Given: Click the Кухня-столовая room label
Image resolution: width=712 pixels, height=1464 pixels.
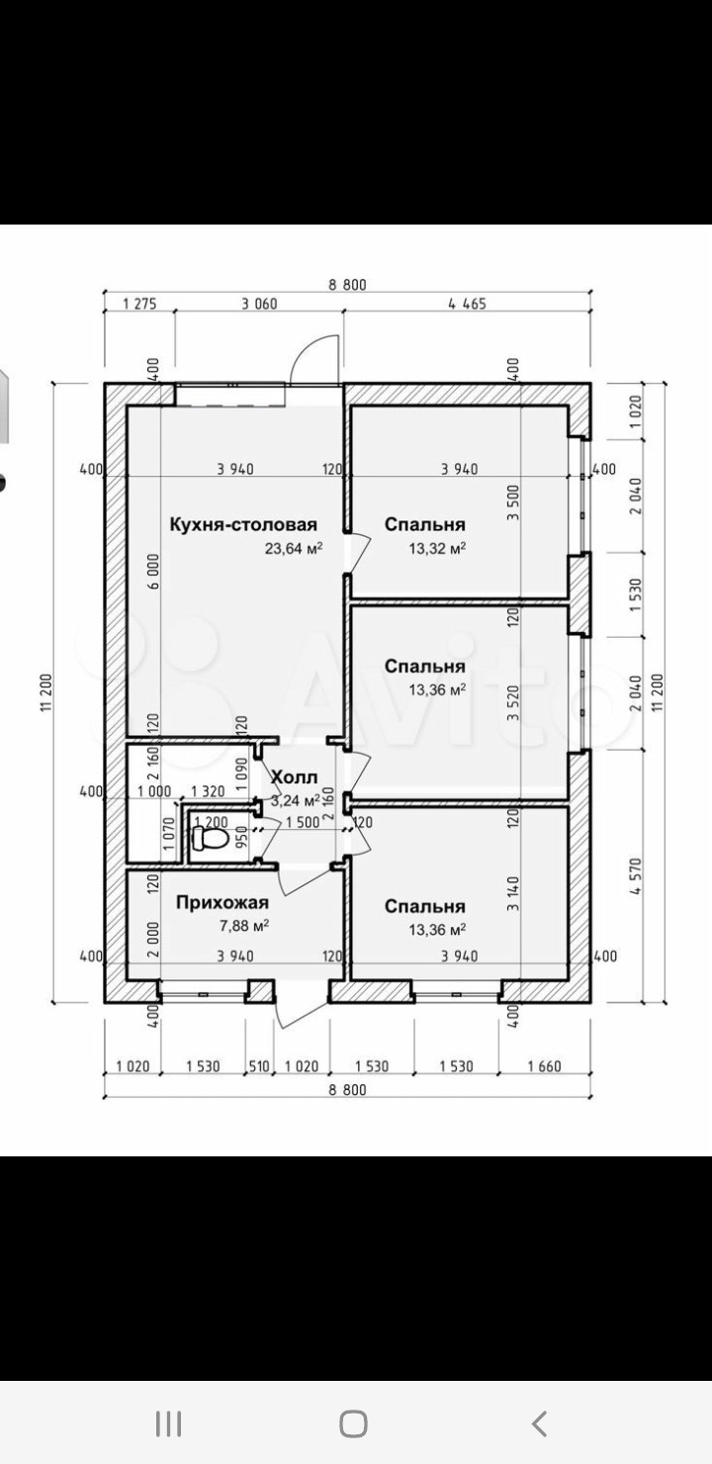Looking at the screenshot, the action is click(x=242, y=524).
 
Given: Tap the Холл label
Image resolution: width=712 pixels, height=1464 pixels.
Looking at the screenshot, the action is click(x=295, y=777).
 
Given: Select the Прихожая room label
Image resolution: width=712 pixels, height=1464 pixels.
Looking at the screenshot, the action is click(x=222, y=902).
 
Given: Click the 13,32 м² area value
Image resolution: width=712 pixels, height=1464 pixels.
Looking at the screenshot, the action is click(x=437, y=548).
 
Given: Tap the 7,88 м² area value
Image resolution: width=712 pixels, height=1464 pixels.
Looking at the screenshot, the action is click(x=241, y=925).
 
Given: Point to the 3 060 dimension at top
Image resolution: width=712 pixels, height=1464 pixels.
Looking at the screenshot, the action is click(x=258, y=305).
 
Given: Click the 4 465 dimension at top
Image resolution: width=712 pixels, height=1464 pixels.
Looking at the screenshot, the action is click(x=467, y=305).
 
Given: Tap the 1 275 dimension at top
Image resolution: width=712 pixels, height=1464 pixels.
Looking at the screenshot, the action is click(x=139, y=305).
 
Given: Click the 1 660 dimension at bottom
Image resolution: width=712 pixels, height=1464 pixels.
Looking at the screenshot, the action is click(x=544, y=1067).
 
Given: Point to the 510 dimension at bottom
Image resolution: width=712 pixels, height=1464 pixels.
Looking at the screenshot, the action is click(x=259, y=1067).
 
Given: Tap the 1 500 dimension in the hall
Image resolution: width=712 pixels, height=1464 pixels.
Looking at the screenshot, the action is click(x=302, y=823).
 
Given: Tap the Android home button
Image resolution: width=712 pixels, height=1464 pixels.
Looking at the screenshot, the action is click(x=353, y=1423).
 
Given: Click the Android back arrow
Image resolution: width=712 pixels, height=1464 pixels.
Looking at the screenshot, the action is click(x=539, y=1423).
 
